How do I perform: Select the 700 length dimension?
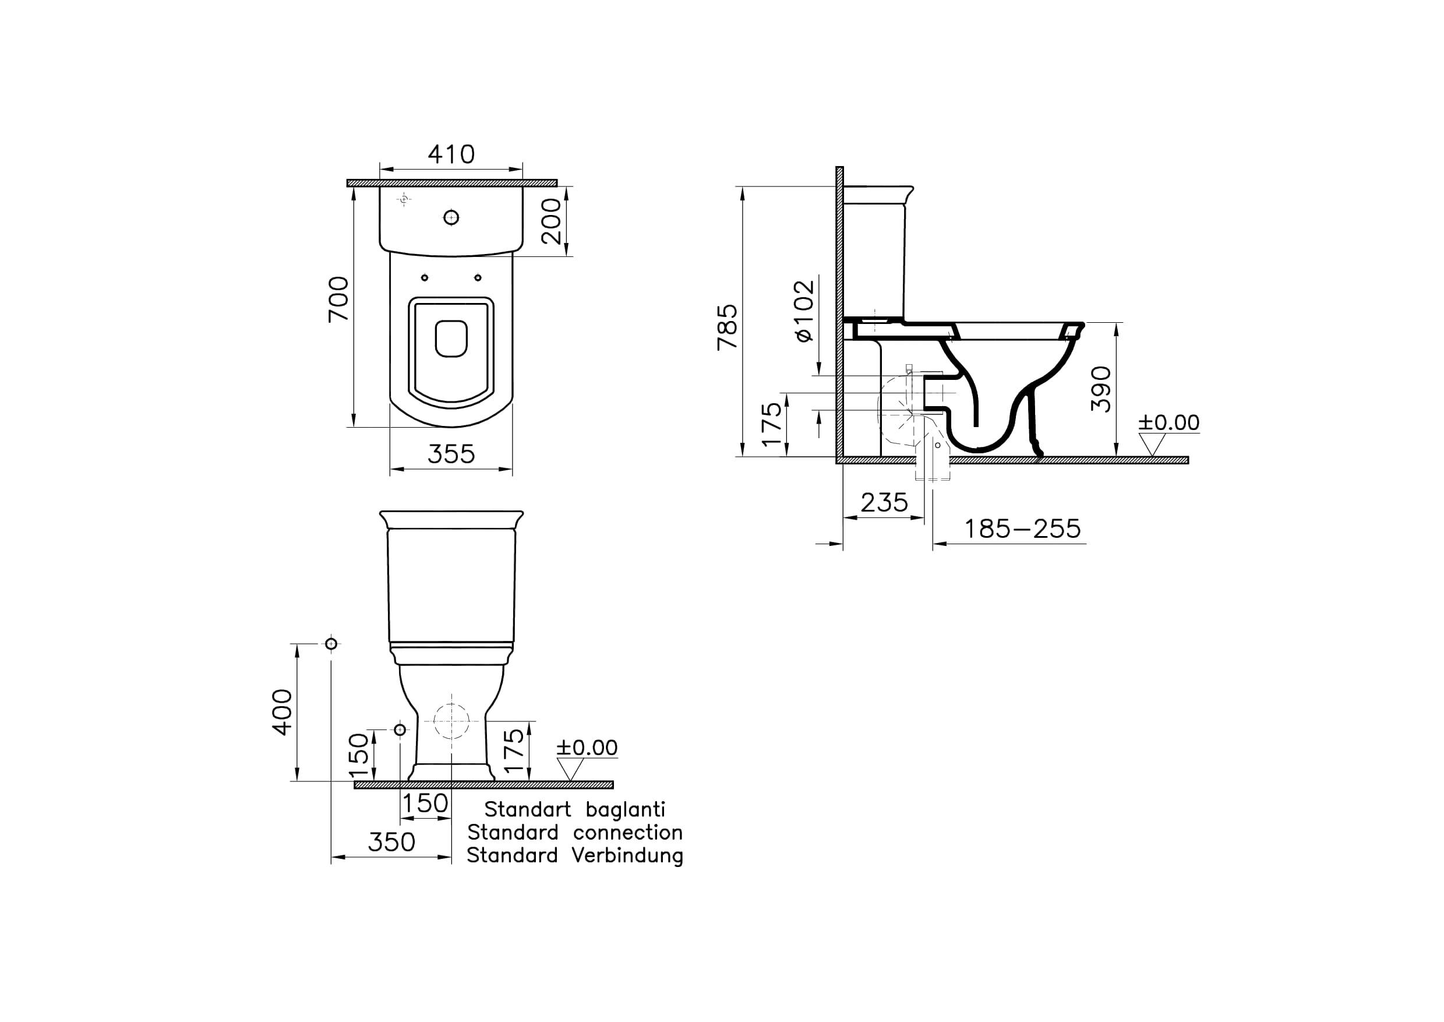[338, 299]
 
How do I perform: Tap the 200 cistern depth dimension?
[551, 221]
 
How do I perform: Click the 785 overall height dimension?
[728, 327]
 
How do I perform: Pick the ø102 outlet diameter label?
[805, 311]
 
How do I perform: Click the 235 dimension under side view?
[884, 502]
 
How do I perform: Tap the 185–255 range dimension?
[1022, 528]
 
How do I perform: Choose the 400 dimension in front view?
[283, 712]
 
